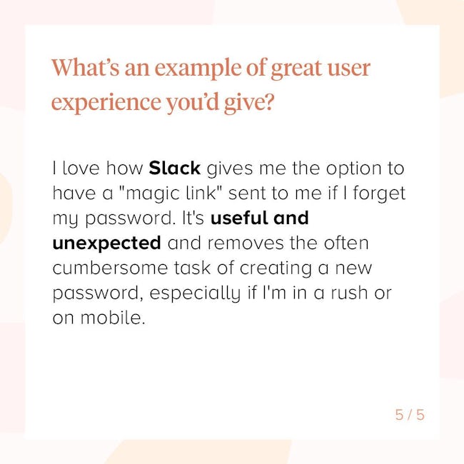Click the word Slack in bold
(x=175, y=168)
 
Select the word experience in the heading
(x=106, y=101)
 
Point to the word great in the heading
(x=296, y=69)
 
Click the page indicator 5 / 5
(x=410, y=415)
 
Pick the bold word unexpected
(x=107, y=243)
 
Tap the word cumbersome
(x=111, y=268)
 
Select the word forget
(x=379, y=193)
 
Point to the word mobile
(x=113, y=318)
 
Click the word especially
(x=195, y=293)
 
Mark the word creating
(x=276, y=268)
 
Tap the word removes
(x=246, y=243)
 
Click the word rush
(x=349, y=293)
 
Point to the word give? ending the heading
(x=248, y=102)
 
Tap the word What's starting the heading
(x=86, y=68)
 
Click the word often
(x=346, y=243)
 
